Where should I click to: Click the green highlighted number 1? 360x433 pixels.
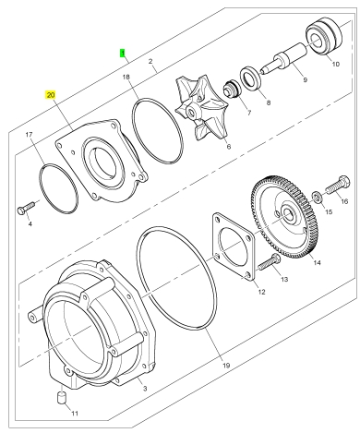click(x=123, y=53)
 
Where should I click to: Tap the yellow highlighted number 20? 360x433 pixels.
click(x=51, y=95)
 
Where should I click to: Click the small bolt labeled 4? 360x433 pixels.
click(x=25, y=208)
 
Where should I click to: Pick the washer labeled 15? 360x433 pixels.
click(x=317, y=198)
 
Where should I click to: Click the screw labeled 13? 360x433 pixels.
click(x=269, y=261)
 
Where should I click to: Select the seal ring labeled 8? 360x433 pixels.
click(x=251, y=79)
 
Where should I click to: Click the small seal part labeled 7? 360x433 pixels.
click(x=233, y=90)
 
